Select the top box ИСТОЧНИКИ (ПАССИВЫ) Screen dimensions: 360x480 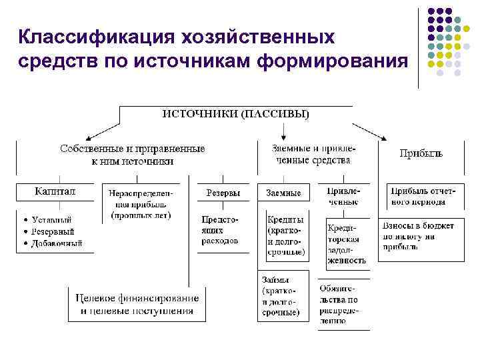pos(236,114)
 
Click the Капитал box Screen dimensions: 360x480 pos(55,192)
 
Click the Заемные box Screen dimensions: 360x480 pos(283,193)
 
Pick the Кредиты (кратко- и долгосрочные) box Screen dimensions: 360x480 pos(286,235)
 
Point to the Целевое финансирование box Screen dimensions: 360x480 pos(137,303)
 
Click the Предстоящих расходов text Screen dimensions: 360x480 pos(220,229)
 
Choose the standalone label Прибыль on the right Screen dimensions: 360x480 pos(421,153)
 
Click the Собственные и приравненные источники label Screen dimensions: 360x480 pos(133,155)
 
